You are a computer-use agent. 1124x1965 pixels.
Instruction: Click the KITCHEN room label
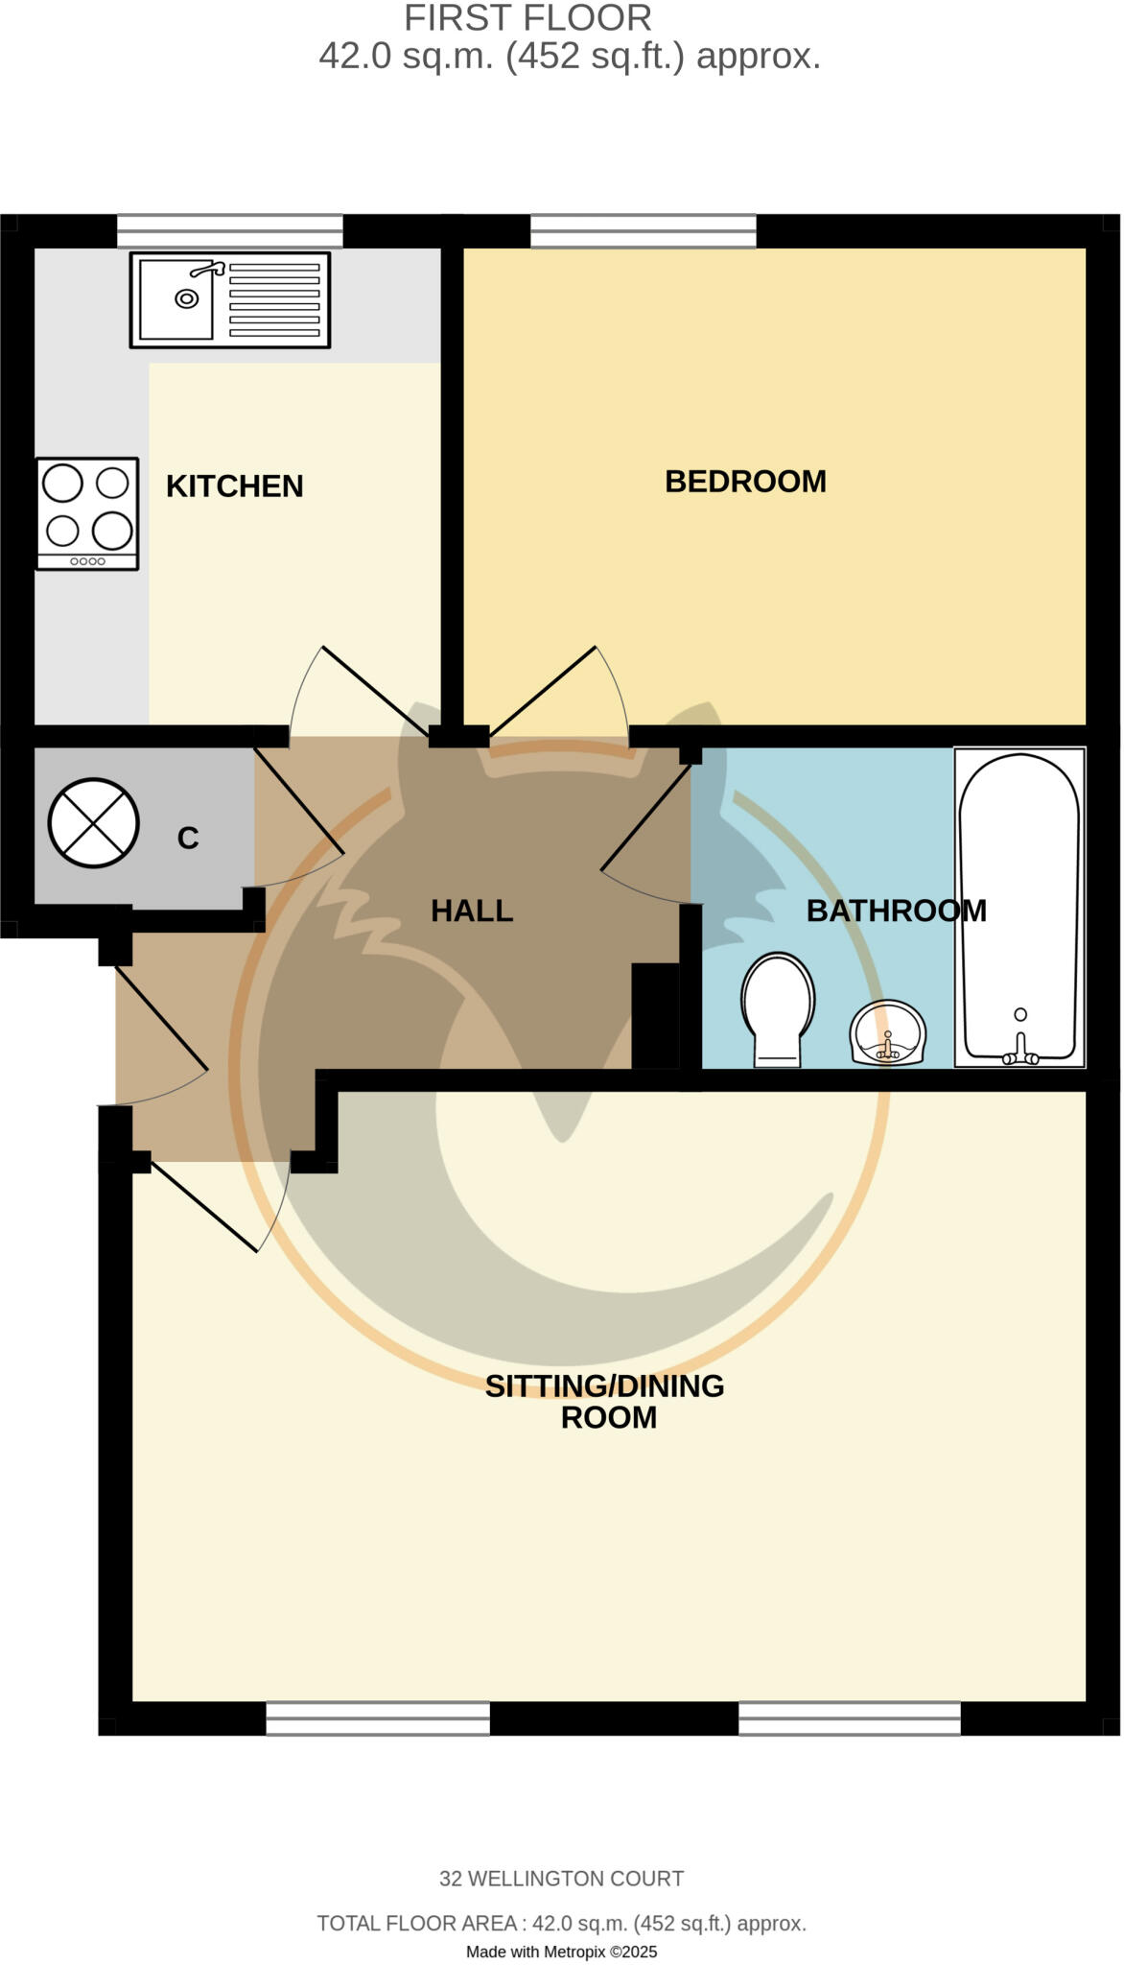tap(234, 486)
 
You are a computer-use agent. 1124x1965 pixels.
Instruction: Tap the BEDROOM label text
tap(745, 482)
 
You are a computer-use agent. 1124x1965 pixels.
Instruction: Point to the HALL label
tap(472, 911)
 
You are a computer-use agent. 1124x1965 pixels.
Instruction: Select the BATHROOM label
tap(896, 911)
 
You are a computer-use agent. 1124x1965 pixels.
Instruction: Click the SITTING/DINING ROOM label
tap(605, 1401)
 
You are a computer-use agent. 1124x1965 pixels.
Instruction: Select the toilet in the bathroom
tap(778, 1008)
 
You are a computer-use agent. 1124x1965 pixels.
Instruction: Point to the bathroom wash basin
tap(888, 1033)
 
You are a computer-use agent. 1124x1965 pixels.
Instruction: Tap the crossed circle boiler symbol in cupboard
tap(93, 823)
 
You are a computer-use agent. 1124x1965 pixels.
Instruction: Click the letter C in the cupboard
tap(188, 839)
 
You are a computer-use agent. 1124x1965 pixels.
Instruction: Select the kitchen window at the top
tap(230, 231)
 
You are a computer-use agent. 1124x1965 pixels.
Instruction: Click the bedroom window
tap(644, 231)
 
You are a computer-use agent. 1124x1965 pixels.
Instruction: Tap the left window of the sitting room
tap(378, 1718)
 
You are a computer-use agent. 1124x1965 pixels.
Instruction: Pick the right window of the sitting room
tap(849, 1718)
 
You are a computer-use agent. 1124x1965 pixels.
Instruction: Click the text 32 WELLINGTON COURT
tap(561, 1879)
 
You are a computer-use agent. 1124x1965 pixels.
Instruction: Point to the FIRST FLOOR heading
tap(527, 18)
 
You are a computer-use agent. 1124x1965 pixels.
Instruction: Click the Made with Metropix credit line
tap(561, 1952)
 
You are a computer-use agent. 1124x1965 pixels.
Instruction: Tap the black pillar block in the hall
tap(655, 1016)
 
